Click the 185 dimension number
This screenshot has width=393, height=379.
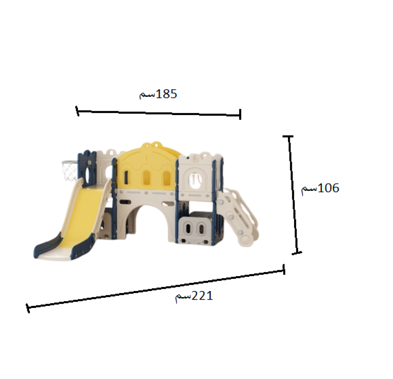[x=166, y=94]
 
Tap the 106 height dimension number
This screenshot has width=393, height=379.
[x=328, y=188]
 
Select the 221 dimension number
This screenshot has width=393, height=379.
[x=202, y=296]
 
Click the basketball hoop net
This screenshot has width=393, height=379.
[x=70, y=170]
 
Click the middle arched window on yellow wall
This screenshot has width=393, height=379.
[x=146, y=178]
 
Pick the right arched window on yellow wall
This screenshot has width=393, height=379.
[x=167, y=178]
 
